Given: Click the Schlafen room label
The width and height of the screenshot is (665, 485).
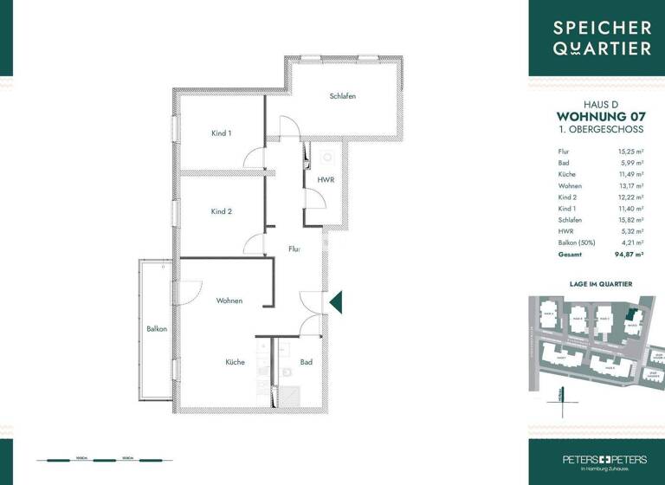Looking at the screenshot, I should tap(343, 96).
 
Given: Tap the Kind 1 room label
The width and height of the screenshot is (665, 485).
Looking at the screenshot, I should tap(222, 133).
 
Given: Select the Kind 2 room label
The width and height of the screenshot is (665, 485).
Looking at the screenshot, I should tap(222, 211).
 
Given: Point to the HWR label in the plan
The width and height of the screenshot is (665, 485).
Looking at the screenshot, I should tap(326, 179).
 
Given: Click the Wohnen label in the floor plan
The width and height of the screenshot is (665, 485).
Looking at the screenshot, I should tap(229, 301).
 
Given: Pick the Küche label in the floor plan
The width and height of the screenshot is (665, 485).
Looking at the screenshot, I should tap(235, 362).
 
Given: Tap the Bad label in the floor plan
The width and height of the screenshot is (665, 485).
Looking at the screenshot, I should tap(306, 362).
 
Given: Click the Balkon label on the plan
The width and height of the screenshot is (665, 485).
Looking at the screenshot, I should tap(156, 329).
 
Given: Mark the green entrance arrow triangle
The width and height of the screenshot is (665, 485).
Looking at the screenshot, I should tap(338, 301).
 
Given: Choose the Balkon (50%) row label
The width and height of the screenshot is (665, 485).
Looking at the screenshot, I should tap(576, 243).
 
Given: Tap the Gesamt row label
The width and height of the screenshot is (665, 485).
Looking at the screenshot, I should tap(570, 255).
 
